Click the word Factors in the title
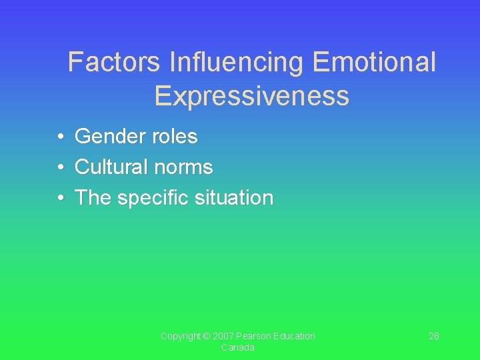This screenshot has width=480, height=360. [x=114, y=63]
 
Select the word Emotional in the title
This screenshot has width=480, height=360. [x=374, y=63]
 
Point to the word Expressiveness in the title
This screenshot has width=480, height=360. [x=251, y=96]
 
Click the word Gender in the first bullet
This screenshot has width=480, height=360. [x=109, y=137]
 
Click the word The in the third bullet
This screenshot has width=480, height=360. [x=93, y=197]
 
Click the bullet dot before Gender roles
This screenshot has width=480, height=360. [x=60, y=137]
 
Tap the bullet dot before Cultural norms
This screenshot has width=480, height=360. [x=60, y=167]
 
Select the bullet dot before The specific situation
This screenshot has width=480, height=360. [x=60, y=198]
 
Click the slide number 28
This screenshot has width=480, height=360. [x=433, y=336]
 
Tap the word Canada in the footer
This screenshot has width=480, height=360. [x=238, y=348]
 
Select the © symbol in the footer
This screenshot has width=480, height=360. [x=207, y=336]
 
